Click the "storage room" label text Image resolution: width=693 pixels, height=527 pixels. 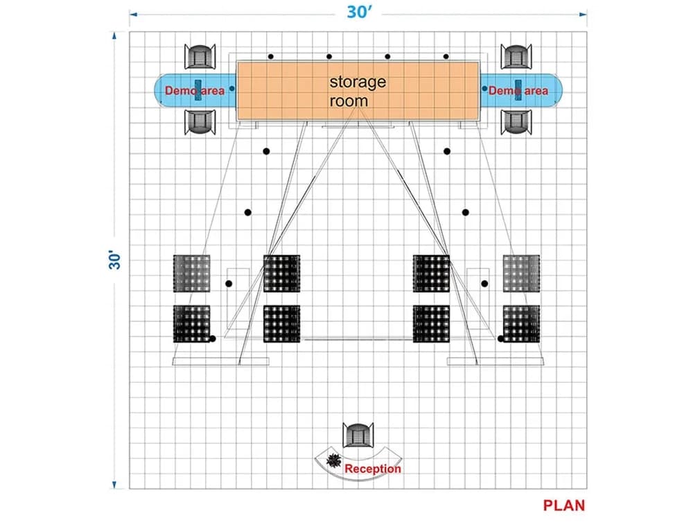pyautogui.click(x=358, y=91)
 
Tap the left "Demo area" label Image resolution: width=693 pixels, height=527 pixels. pyautogui.click(x=195, y=91)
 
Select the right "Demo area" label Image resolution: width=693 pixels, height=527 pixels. pyautogui.click(x=518, y=91)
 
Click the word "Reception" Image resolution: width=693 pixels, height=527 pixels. pyautogui.click(x=373, y=469)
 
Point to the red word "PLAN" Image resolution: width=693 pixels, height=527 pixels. pyautogui.click(x=564, y=506)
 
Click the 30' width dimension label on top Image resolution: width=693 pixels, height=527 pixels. pyautogui.click(x=358, y=12)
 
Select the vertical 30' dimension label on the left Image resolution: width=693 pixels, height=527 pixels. pyautogui.click(x=115, y=260)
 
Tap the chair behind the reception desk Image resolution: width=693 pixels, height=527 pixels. pyautogui.click(x=358, y=435)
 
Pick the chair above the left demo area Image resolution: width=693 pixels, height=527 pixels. pyautogui.click(x=200, y=57)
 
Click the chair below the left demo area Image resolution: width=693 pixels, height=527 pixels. pyautogui.click(x=200, y=122)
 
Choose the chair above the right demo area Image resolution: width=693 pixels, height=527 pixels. pyautogui.click(x=516, y=57)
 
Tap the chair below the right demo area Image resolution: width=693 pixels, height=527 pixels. pyautogui.click(x=516, y=122)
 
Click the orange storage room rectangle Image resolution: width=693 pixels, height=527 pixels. pyautogui.click(x=358, y=91)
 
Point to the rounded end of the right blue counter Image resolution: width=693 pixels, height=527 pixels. pyautogui.click(x=556, y=90)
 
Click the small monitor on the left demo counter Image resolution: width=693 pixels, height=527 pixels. pyautogui.click(x=198, y=90)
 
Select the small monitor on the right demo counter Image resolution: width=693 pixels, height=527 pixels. pyautogui.click(x=518, y=90)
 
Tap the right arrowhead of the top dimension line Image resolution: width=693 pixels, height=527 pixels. pyautogui.click(x=584, y=14)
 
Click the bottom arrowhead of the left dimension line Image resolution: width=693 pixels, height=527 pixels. pyautogui.click(x=114, y=485)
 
